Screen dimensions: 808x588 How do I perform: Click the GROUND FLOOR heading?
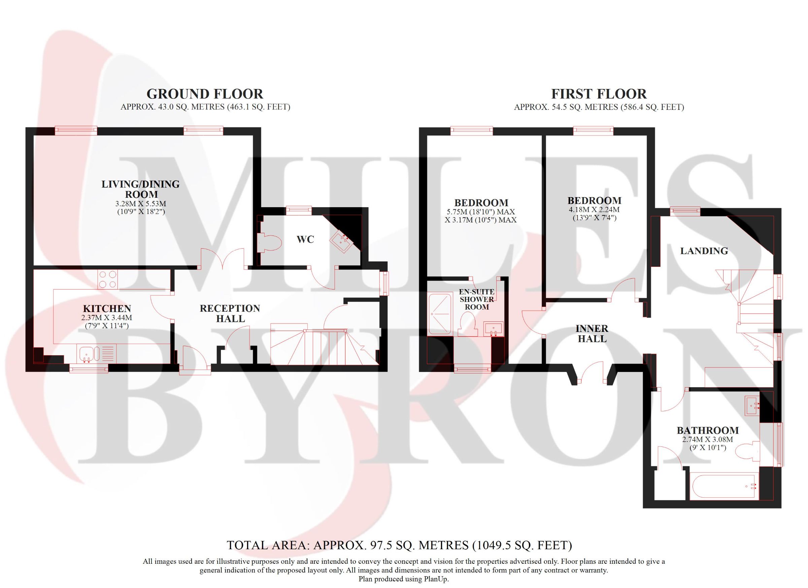click(x=205, y=94)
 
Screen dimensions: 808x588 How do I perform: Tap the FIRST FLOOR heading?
click(x=599, y=94)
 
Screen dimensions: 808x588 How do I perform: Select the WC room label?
click(x=305, y=240)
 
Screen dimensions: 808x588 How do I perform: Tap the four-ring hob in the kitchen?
click(x=108, y=280)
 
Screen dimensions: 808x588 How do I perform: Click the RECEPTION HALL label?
click(x=230, y=314)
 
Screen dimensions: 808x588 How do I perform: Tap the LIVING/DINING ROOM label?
click(x=141, y=189)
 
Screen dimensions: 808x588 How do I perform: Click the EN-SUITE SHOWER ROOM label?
click(x=477, y=300)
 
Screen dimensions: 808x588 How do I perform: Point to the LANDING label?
click(x=704, y=251)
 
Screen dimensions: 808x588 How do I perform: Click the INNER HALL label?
click(x=592, y=333)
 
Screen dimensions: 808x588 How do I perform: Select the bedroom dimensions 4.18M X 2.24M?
click(x=594, y=210)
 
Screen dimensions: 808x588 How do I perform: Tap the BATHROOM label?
click(x=707, y=430)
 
